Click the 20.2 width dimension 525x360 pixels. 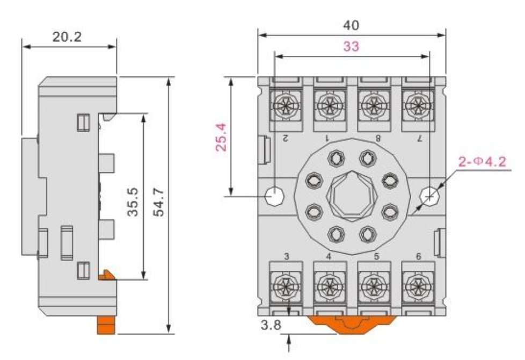point(67,37)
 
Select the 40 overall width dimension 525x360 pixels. point(351,25)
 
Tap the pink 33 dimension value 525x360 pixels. point(351,46)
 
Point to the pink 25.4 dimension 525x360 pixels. point(221,138)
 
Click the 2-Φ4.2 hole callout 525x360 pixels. point(482,162)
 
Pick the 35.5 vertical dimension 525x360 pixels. point(133,202)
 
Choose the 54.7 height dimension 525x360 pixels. point(159,202)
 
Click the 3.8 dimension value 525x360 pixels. point(271,325)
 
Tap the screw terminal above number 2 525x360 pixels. point(286,106)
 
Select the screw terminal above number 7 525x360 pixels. point(418,106)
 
